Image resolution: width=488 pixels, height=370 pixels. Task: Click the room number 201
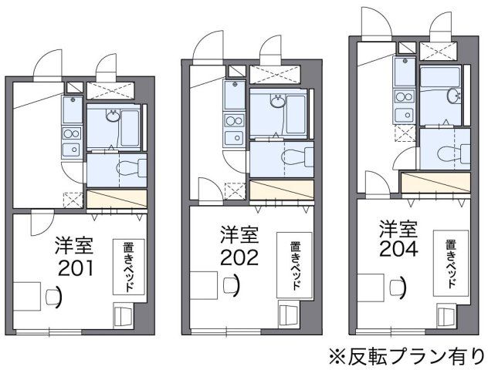click(x=75, y=269)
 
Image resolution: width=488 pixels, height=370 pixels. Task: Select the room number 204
click(x=398, y=249)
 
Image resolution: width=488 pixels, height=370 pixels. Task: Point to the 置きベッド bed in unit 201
click(x=127, y=266)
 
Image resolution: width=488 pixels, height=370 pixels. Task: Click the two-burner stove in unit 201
click(x=72, y=141)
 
